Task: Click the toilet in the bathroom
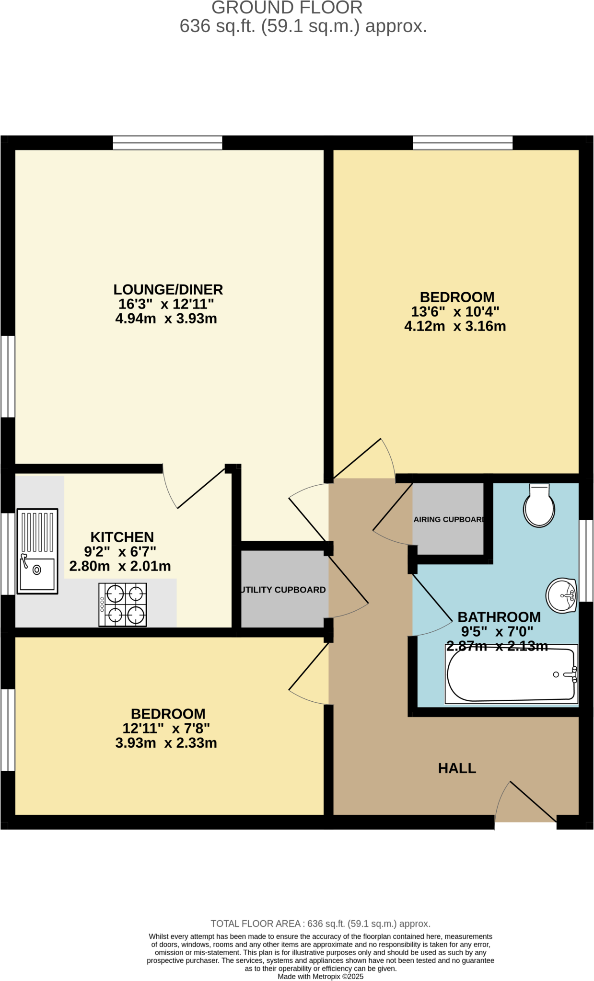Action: click(539, 507)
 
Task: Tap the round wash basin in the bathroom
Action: click(561, 596)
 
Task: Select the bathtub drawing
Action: click(511, 675)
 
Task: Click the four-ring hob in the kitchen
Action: click(123, 605)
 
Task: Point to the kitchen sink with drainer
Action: click(37, 551)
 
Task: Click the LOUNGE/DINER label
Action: click(168, 290)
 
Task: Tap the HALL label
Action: click(457, 768)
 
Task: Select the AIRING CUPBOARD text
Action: click(448, 519)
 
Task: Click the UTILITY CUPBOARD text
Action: click(283, 590)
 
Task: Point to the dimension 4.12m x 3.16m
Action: click(455, 326)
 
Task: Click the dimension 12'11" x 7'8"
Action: click(166, 729)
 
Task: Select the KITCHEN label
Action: click(122, 537)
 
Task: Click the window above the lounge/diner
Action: click(168, 143)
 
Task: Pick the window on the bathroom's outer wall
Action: click(586, 560)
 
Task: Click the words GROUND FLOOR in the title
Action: click(287, 8)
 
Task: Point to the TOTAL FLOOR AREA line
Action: click(320, 924)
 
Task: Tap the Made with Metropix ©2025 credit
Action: click(320, 976)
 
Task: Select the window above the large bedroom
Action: click(463, 143)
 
